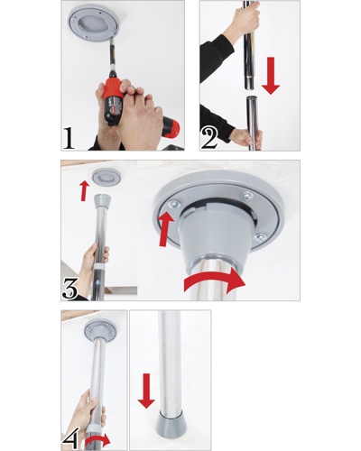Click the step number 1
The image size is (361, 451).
point(69,138)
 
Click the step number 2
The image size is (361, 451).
point(209,139)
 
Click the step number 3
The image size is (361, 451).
point(70,289)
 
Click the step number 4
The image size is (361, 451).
point(71,438)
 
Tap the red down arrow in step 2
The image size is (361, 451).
point(271,76)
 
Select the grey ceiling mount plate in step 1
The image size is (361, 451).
point(94,23)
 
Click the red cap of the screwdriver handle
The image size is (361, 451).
point(171,127)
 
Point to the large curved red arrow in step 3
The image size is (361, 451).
point(215,280)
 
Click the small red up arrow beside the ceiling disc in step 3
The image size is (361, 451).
point(85,190)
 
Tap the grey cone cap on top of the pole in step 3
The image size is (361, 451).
point(103,201)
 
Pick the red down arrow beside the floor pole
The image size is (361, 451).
point(146,391)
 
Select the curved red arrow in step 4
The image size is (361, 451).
point(97,442)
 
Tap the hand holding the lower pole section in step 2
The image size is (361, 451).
point(246,139)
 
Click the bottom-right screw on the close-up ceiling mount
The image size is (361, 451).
point(260,238)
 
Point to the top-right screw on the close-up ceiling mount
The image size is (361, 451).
point(247,196)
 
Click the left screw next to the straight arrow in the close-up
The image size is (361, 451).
point(174,205)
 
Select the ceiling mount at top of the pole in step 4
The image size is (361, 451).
point(100,331)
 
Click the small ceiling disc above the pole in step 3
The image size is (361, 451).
point(106,178)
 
